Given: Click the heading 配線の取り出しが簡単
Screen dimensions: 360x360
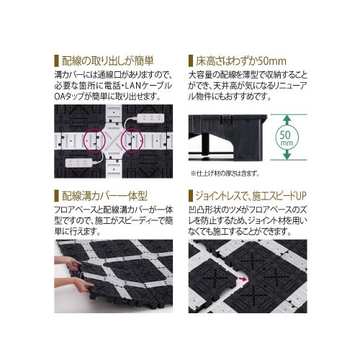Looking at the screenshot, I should pyautogui.click(x=111, y=60).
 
